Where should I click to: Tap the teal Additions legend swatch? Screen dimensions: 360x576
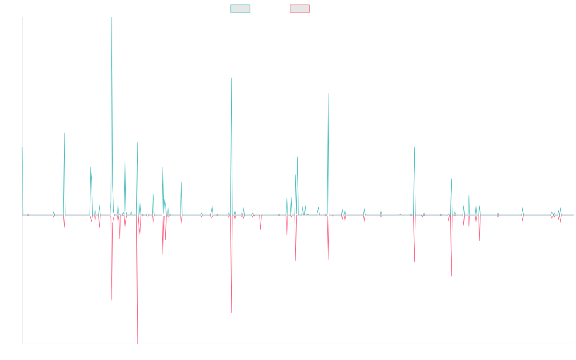(x=240, y=9)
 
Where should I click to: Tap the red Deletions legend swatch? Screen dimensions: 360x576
(x=300, y=9)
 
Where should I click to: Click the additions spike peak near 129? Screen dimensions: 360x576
(x=231, y=78)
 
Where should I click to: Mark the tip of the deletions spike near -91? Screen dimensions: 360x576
(x=231, y=312)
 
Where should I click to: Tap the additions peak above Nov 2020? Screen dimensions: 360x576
(x=328, y=93)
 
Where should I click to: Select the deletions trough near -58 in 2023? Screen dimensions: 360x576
(x=451, y=276)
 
